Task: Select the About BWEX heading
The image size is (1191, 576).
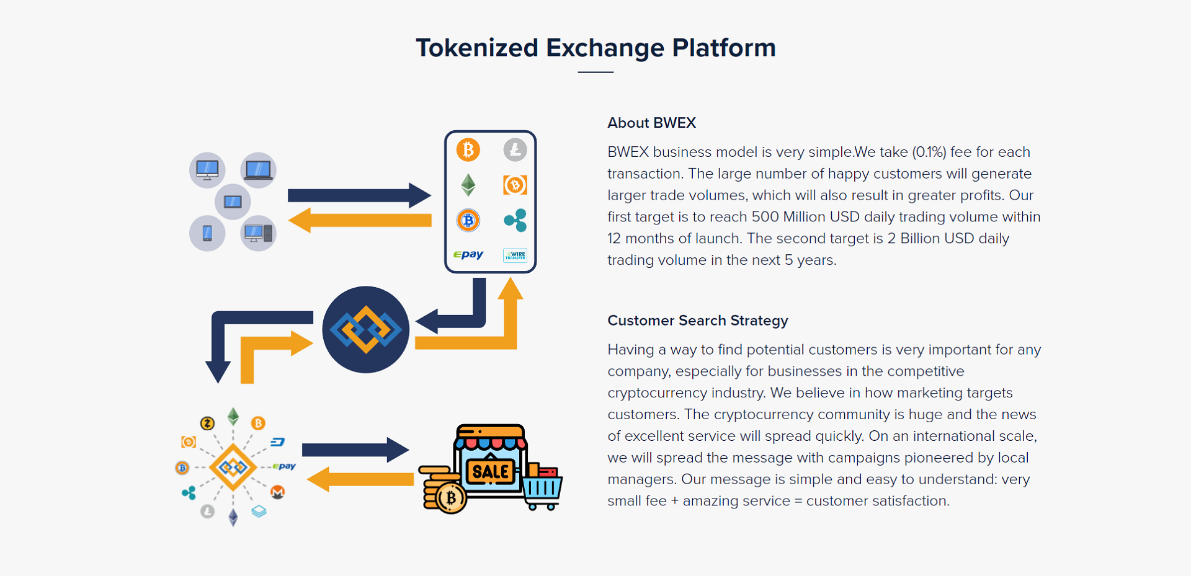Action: [651, 123]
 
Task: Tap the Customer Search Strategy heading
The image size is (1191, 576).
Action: [698, 321]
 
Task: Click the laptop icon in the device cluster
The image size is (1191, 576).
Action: [258, 170]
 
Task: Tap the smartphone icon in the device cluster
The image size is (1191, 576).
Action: [207, 233]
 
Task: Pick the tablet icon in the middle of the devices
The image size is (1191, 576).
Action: [233, 202]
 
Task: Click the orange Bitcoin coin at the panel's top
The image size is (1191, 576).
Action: [468, 149]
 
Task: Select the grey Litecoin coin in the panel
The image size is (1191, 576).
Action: [515, 149]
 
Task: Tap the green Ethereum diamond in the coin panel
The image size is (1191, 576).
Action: [468, 185]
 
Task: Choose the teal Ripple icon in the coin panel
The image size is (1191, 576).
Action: [515, 220]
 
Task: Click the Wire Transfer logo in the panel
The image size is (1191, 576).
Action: [515, 255]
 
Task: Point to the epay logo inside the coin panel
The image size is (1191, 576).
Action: [468, 255]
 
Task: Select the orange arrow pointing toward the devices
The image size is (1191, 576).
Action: [360, 220]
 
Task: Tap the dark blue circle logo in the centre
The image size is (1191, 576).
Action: [366, 329]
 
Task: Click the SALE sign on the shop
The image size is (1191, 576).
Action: [491, 472]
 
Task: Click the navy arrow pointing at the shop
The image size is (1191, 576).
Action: [355, 450]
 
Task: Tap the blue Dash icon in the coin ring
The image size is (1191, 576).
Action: [278, 442]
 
